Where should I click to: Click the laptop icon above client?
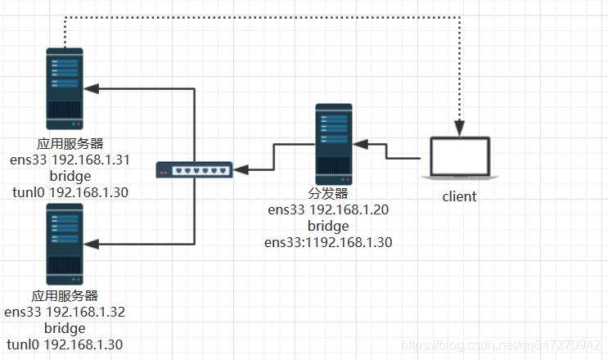[x=459, y=159]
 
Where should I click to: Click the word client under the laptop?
[x=459, y=196]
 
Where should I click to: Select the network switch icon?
[x=195, y=170]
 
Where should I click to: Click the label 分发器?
[x=328, y=194]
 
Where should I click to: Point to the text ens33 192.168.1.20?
[x=328, y=209]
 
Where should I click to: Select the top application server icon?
[x=65, y=88]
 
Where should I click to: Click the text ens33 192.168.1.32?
[x=65, y=312]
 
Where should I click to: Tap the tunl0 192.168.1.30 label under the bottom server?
[x=65, y=344]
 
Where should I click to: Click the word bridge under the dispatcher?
[x=328, y=226]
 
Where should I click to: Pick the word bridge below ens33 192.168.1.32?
[x=65, y=328]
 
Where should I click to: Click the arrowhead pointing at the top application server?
[x=92, y=88]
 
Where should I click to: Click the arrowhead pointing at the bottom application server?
[x=92, y=244]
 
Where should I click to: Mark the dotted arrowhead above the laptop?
[x=460, y=128]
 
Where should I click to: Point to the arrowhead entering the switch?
[x=242, y=169]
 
